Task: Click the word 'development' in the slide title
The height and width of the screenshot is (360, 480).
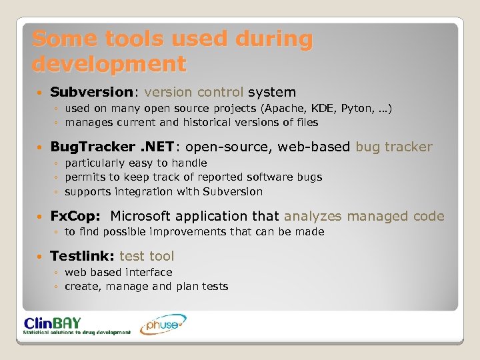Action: [109, 64]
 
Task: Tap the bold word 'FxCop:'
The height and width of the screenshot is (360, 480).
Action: [75, 216]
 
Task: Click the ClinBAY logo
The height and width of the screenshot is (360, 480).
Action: [77, 325]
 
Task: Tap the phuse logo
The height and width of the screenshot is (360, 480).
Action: [163, 325]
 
